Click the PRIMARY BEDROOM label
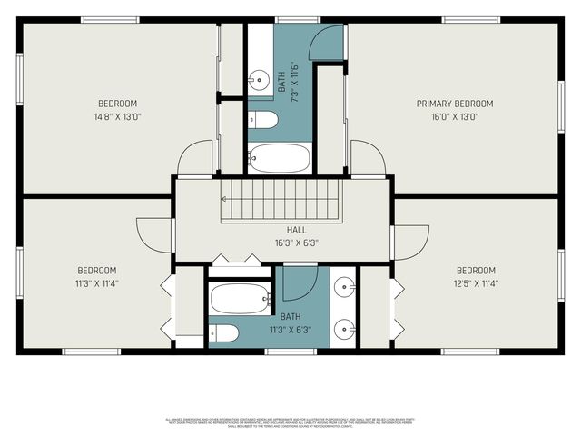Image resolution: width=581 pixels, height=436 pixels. [x=454, y=104]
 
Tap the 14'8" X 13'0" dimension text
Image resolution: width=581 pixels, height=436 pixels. [x=117, y=117]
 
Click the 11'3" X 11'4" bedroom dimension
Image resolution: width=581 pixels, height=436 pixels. [x=95, y=283]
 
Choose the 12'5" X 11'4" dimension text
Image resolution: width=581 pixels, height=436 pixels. [x=475, y=283]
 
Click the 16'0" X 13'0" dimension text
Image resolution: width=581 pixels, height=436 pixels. [x=454, y=117]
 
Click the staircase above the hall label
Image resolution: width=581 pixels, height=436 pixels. [x=280, y=199]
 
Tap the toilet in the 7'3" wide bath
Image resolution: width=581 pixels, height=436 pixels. [x=264, y=120]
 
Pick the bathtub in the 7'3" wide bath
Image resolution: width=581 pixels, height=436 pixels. [x=279, y=157]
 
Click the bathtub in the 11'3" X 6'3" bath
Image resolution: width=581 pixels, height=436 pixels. [x=241, y=298]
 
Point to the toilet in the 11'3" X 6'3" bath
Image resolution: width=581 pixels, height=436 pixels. [x=223, y=333]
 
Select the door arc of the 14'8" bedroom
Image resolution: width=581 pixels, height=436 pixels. [x=195, y=159]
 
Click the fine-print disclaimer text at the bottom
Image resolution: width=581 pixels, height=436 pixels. [x=290, y=422]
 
